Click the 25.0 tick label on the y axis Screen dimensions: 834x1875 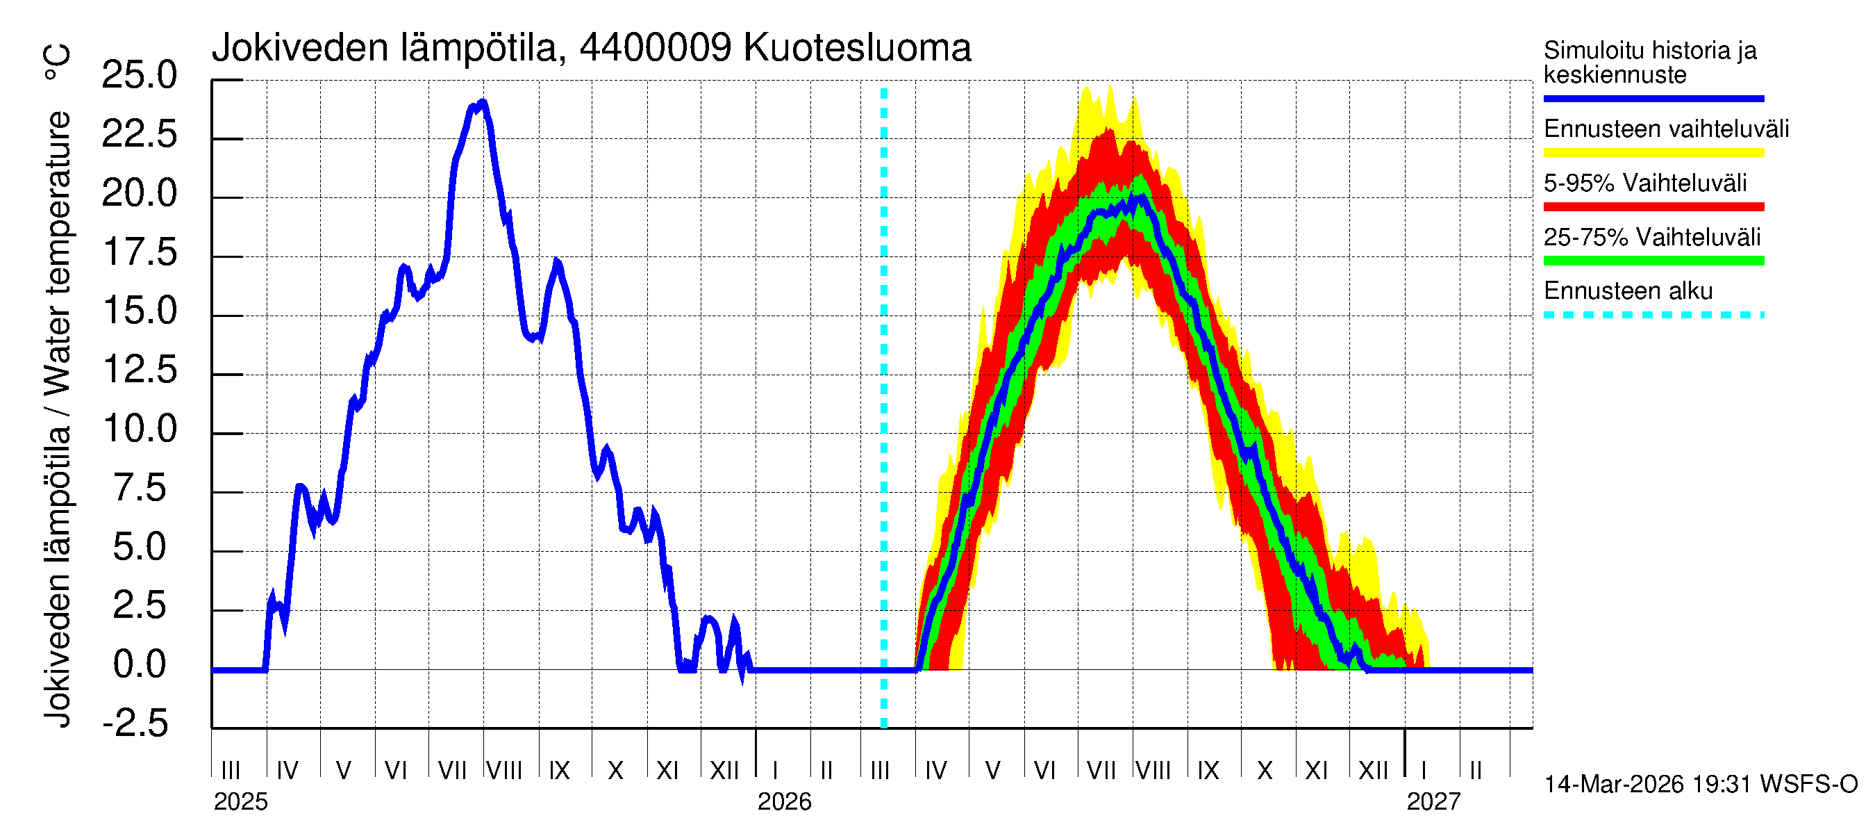pyautogui.click(x=139, y=75)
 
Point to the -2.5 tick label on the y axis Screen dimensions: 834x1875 pyautogui.click(x=135, y=723)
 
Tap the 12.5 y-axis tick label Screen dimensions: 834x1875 pyautogui.click(x=140, y=369)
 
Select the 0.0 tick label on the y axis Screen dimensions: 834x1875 pyautogui.click(x=140, y=664)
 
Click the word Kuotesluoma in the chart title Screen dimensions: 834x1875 pyautogui.click(x=857, y=48)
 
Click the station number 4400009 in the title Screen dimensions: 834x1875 pyautogui.click(x=655, y=48)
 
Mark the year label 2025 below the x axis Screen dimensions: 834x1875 pyautogui.click(x=240, y=802)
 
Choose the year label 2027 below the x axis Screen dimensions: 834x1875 pyautogui.click(x=1433, y=802)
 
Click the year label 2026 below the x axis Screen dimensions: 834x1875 pyautogui.click(x=784, y=802)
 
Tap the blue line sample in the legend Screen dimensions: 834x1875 pyautogui.click(x=1653, y=98)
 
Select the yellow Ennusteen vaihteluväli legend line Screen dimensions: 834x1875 pyautogui.click(x=1653, y=153)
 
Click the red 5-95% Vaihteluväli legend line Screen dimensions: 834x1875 pyautogui.click(x=1653, y=207)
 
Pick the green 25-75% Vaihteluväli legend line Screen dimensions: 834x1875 pyautogui.click(x=1653, y=261)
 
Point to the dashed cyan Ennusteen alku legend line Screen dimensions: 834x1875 pyautogui.click(x=1653, y=316)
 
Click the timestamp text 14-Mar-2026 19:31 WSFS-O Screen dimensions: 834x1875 pyautogui.click(x=1700, y=785)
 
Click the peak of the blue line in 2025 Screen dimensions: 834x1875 pyautogui.click(x=482, y=103)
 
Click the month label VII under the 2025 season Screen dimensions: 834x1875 pyautogui.click(x=452, y=771)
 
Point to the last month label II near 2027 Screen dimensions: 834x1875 pyautogui.click(x=1476, y=771)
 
